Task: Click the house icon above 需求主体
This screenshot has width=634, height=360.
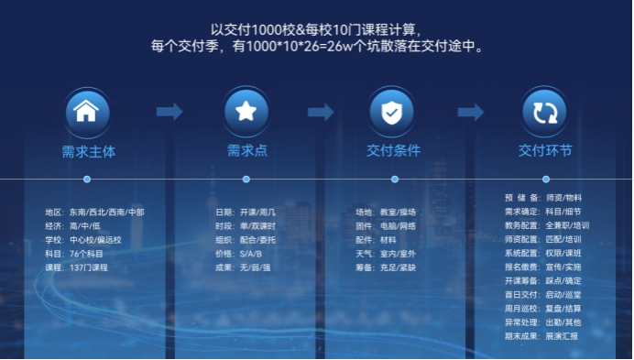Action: (86, 112)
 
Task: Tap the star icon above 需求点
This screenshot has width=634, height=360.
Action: (246, 112)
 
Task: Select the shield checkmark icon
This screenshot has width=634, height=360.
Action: (391, 112)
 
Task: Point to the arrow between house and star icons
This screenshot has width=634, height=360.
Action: (169, 112)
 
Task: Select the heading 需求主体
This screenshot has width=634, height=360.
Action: (88, 150)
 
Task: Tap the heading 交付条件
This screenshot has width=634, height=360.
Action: (393, 150)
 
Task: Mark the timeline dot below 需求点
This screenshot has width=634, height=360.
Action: (246, 180)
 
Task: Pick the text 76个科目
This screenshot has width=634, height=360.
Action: (86, 253)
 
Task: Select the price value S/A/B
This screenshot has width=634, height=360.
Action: (250, 253)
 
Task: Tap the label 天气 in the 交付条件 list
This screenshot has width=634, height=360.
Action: (364, 253)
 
